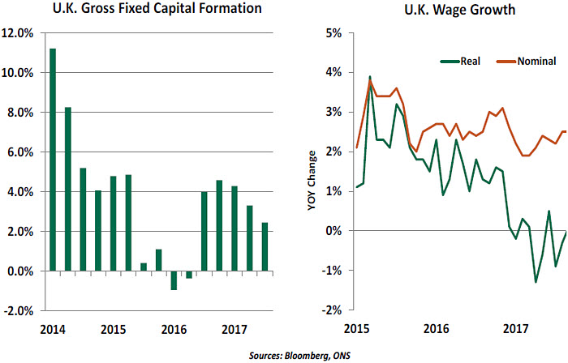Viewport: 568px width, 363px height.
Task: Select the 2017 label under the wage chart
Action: coord(516,331)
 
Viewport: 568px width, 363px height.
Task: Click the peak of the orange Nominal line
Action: coord(370,81)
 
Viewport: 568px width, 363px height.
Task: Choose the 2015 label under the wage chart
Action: coord(357,331)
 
